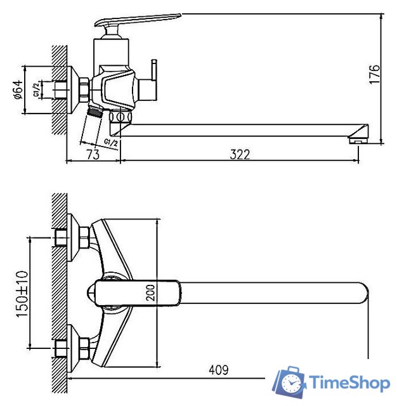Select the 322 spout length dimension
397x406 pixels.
[x=240, y=154]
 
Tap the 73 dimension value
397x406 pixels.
[x=93, y=154]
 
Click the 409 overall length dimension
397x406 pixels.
[x=217, y=369]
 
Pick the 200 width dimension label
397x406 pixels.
[x=150, y=292]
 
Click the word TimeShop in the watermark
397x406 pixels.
[x=348, y=383]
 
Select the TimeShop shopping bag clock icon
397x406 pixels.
[x=290, y=382]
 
